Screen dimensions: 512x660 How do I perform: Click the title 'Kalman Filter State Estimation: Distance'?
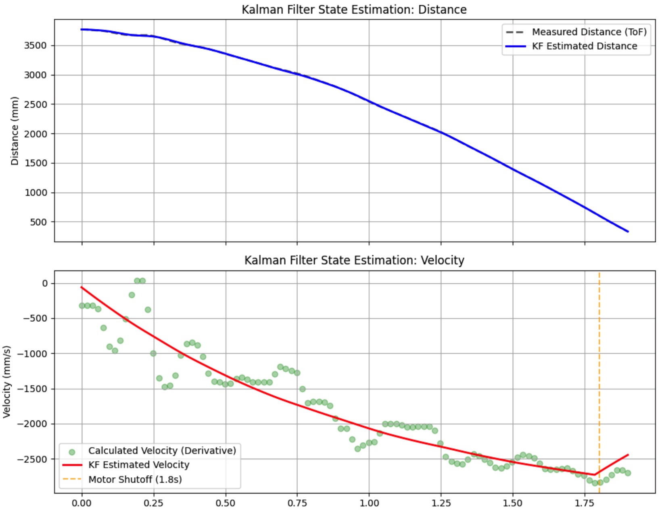coord(354,9)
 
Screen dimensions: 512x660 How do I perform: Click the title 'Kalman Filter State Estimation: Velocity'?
coord(354,260)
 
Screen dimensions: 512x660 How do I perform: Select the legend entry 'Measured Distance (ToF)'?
coord(589,32)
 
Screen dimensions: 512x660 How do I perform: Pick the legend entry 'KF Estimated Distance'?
coord(584,46)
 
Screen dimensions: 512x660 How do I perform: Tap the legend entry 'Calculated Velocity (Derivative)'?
coord(162,450)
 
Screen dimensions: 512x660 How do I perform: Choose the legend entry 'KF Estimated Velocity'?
coord(138,465)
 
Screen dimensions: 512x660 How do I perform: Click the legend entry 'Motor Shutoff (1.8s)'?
coord(135,479)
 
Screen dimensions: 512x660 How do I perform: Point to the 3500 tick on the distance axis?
coord(35,46)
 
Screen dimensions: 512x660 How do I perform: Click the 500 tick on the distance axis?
coord(38,222)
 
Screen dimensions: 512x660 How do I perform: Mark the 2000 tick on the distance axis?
coord(35,134)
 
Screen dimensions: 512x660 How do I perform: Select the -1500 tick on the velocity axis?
coord(32,389)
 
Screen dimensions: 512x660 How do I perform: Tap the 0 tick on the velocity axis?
coord(45,283)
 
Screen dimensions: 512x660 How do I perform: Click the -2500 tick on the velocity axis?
coord(32,459)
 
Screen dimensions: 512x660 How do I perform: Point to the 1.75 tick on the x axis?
coord(585,503)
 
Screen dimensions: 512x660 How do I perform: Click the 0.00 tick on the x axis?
coord(82,503)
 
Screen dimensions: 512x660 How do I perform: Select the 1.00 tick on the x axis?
coord(369,503)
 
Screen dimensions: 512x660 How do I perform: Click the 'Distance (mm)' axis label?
coord(15,131)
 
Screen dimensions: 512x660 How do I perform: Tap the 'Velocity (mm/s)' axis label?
coord(6,381)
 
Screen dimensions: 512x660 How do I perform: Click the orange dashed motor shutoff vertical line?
coord(599,363)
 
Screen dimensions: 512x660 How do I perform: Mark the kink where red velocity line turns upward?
coord(594,475)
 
